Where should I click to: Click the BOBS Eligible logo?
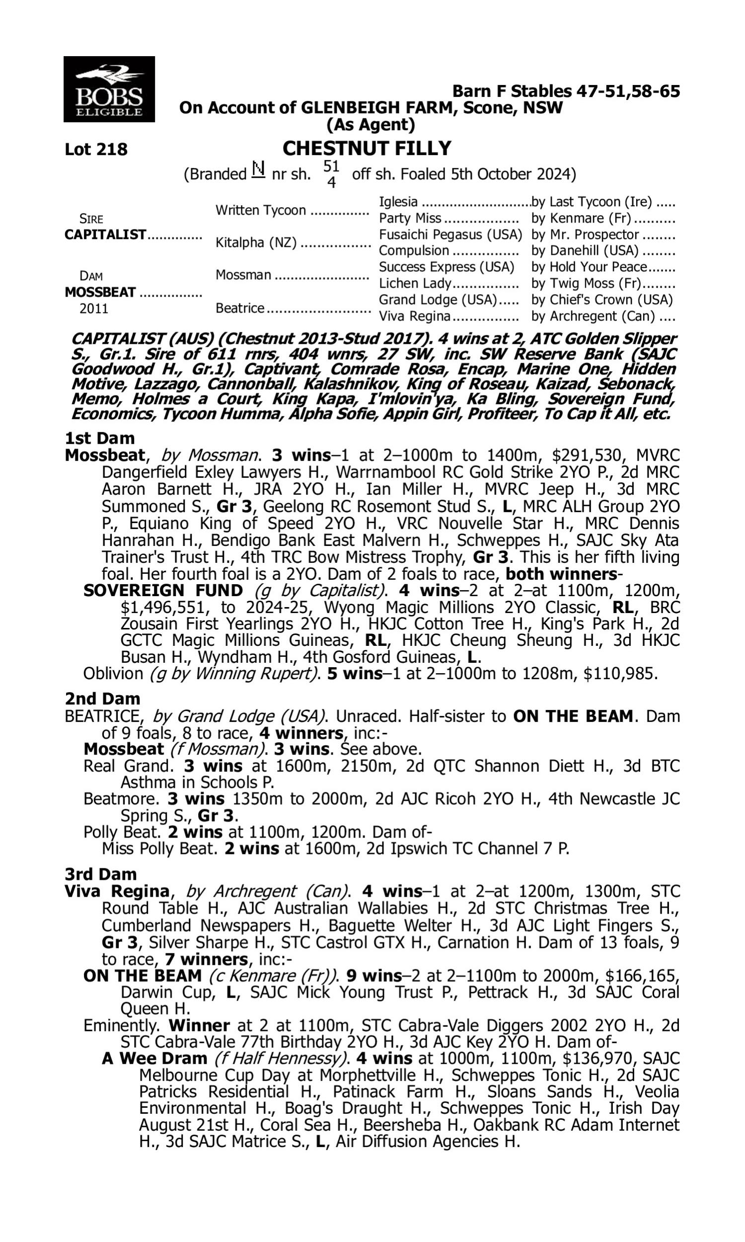tap(109, 89)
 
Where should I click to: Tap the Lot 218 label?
tap(96, 149)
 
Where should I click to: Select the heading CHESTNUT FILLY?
tap(367, 149)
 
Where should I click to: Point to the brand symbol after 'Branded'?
tap(258, 170)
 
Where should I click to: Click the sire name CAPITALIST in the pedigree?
tap(105, 234)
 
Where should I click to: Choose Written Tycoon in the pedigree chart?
tap(261, 210)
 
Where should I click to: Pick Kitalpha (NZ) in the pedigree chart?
tap(256, 242)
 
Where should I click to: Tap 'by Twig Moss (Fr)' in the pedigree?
tap(586, 283)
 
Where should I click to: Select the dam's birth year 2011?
tap(94, 308)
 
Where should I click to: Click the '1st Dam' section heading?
tap(99, 438)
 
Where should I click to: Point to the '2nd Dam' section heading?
tap(102, 699)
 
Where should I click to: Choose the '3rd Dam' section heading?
tap(100, 874)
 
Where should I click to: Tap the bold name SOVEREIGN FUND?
tap(163, 590)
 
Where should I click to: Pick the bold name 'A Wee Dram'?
tap(154, 1058)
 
